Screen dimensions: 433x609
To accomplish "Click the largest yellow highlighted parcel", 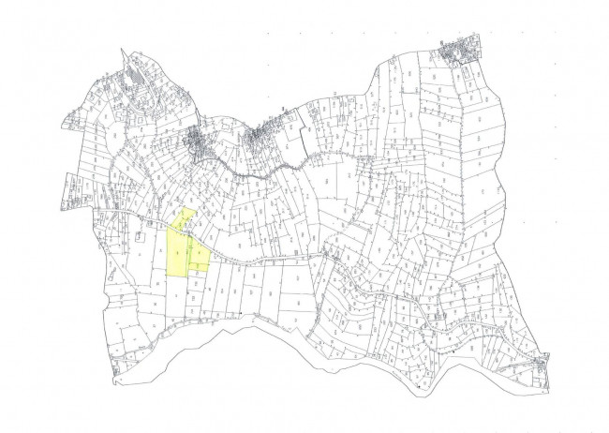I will click(176, 251).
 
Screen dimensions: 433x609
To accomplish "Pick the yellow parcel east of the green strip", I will click(200, 252).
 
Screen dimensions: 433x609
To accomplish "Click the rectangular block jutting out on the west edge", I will click(72, 193).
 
